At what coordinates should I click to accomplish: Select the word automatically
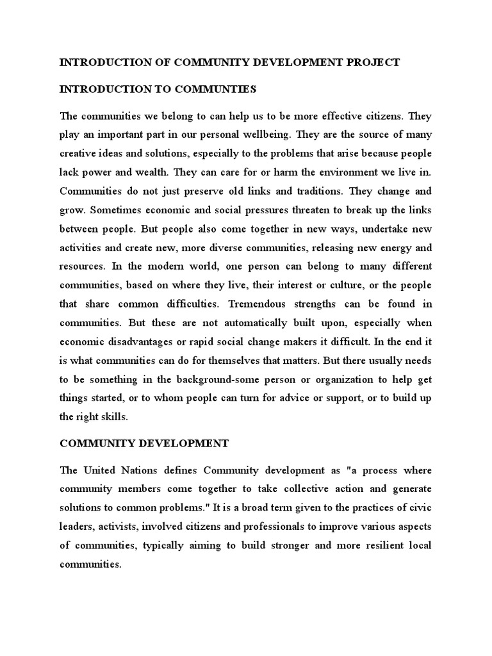click(x=249, y=322)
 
